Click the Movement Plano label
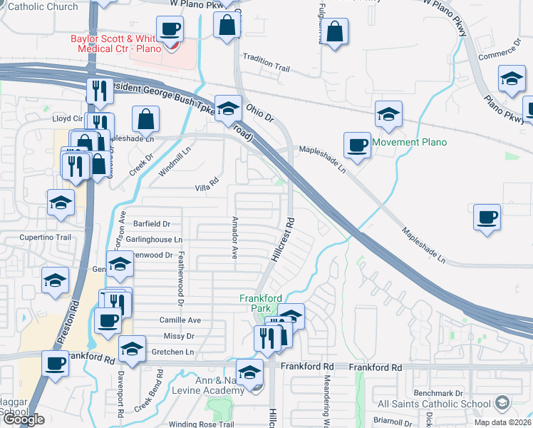point(410,142)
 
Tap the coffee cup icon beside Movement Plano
point(356,145)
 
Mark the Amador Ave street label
point(234,238)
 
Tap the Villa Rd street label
point(206,188)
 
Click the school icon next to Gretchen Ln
point(132,349)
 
